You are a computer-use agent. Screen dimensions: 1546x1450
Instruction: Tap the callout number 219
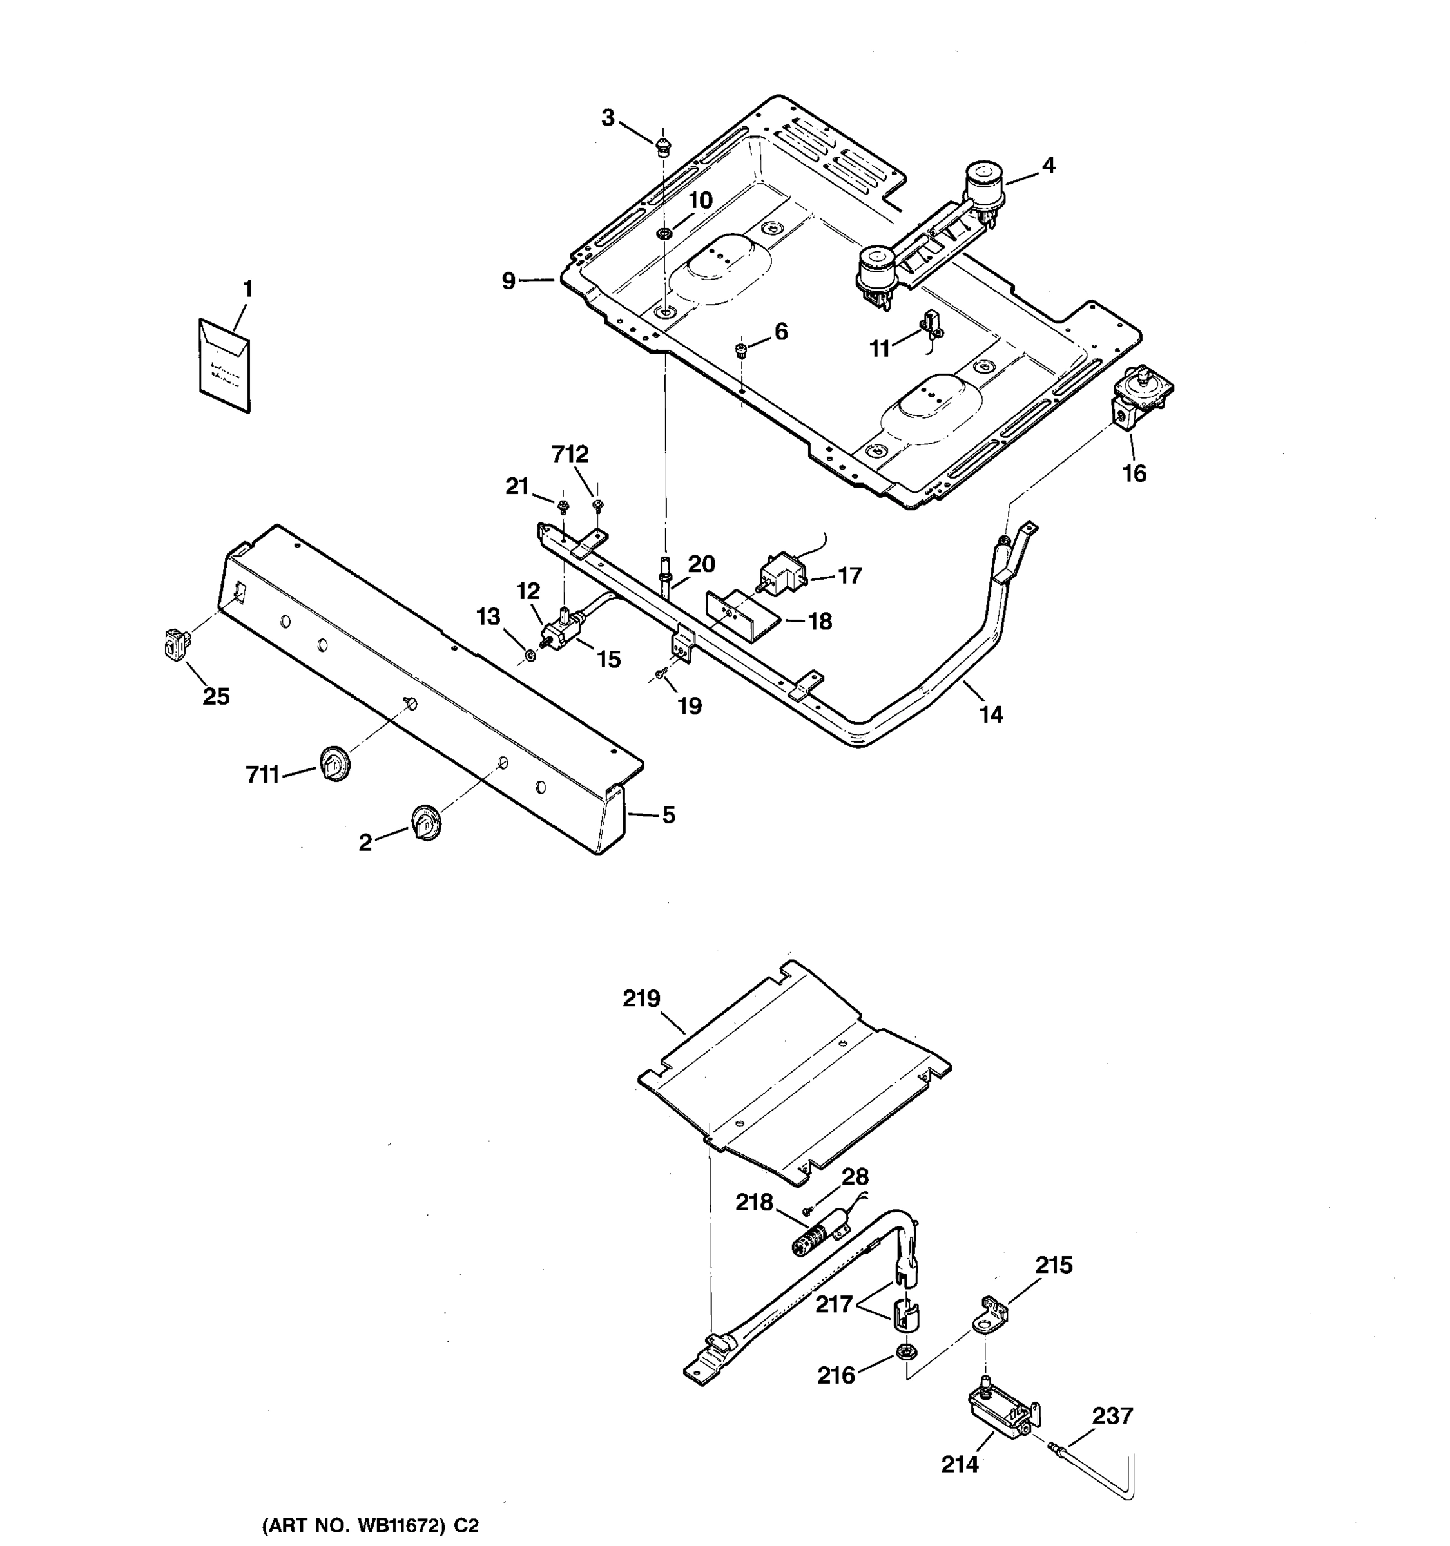tap(641, 998)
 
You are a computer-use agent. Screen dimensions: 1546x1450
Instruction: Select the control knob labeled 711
tap(334, 762)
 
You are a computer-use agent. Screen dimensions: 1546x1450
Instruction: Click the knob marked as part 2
tap(425, 821)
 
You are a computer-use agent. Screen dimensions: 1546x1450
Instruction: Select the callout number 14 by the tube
tap(991, 714)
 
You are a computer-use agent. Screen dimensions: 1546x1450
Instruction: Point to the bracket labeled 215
tap(992, 1314)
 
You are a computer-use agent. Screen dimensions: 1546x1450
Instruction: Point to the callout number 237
tap(1112, 1415)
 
